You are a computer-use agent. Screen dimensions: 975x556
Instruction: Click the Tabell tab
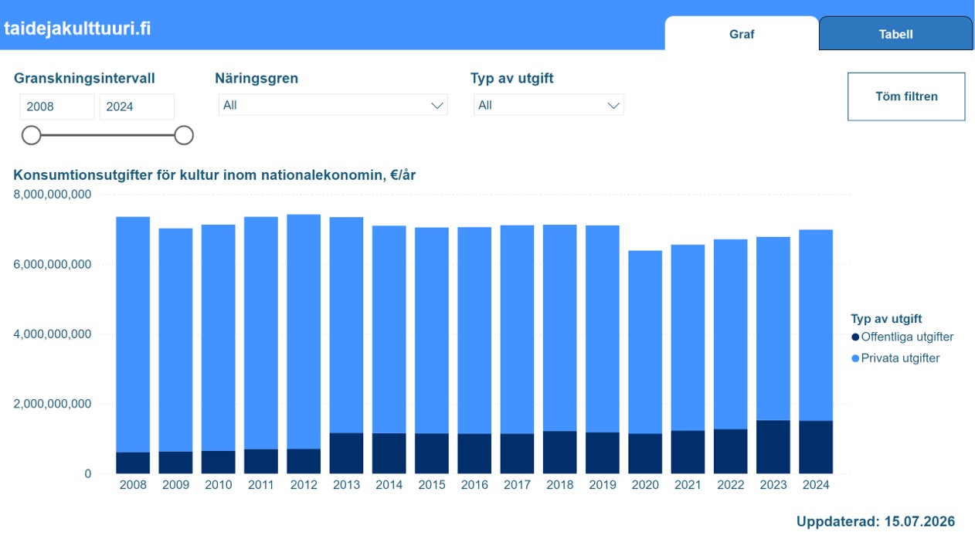(x=895, y=34)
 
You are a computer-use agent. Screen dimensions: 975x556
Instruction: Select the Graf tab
(x=742, y=34)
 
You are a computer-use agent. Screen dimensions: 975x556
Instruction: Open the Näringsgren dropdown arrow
(x=437, y=105)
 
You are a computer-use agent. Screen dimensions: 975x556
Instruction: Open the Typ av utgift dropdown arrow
(x=613, y=105)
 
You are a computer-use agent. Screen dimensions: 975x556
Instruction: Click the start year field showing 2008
(x=57, y=107)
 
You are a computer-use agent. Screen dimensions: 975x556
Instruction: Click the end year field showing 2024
(x=137, y=107)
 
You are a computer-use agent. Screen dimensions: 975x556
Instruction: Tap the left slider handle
(x=32, y=135)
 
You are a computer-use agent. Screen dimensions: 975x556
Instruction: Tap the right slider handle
(x=184, y=135)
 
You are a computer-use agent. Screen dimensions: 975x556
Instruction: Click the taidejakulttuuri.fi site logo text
(x=77, y=29)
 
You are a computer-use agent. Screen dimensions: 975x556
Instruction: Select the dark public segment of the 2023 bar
(x=773, y=447)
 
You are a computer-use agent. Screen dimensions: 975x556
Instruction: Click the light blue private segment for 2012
(x=304, y=331)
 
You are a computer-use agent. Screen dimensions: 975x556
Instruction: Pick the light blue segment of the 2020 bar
(x=645, y=342)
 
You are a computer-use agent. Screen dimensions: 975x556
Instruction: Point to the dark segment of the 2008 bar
(x=133, y=463)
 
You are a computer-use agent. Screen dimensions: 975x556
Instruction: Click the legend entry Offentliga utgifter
(x=902, y=337)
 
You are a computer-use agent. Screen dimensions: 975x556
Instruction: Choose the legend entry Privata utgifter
(x=895, y=358)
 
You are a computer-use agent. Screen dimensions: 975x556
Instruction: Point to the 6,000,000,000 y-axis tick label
(x=53, y=264)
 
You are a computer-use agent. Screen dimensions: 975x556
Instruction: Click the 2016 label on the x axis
(x=474, y=485)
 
